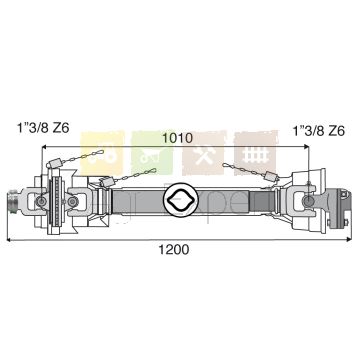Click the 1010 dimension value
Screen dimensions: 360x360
(x=177, y=138)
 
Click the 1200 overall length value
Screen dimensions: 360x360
(x=173, y=249)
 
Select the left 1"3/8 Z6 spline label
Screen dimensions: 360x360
(x=43, y=128)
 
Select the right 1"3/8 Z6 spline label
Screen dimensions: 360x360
(x=318, y=131)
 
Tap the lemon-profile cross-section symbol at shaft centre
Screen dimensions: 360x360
(x=181, y=200)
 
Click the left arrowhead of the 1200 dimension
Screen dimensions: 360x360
(x=9, y=239)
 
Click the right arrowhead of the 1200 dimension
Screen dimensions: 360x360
(x=349, y=239)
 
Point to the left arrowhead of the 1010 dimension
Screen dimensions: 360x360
(x=44, y=147)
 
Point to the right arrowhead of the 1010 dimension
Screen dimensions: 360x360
(x=306, y=147)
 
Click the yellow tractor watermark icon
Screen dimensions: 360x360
(x=103, y=154)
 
